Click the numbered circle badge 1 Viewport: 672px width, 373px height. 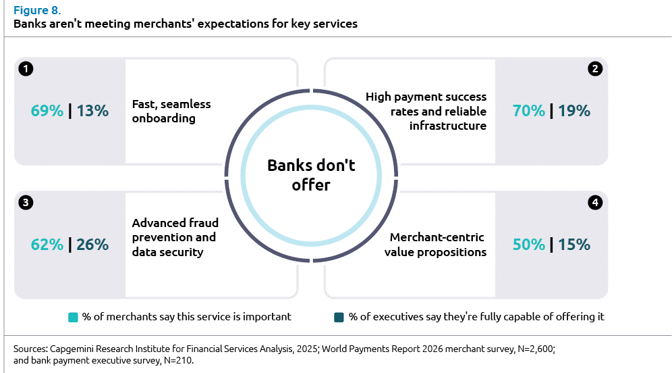coord(26,69)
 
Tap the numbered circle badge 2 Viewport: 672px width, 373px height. coord(594,69)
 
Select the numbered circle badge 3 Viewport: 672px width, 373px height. coord(26,202)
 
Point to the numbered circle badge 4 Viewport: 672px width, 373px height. coord(594,202)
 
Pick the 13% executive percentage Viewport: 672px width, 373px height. coord(92,111)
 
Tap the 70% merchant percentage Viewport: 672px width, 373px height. coord(529,111)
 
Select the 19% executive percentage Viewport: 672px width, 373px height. coord(574,111)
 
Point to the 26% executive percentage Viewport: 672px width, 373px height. coord(92,244)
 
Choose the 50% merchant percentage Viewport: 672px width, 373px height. coord(529,244)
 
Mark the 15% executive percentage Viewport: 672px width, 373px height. coord(574,244)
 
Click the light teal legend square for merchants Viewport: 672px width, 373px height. coord(74,317)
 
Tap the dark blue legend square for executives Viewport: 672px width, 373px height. coord(339,317)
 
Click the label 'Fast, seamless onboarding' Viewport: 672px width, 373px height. coord(171,111)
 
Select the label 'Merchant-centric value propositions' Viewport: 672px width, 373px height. coord(438,245)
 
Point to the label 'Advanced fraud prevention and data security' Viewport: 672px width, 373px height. coord(175,237)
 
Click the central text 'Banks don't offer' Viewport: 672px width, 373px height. coord(311,174)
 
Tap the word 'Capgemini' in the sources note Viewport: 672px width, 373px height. coord(73,349)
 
